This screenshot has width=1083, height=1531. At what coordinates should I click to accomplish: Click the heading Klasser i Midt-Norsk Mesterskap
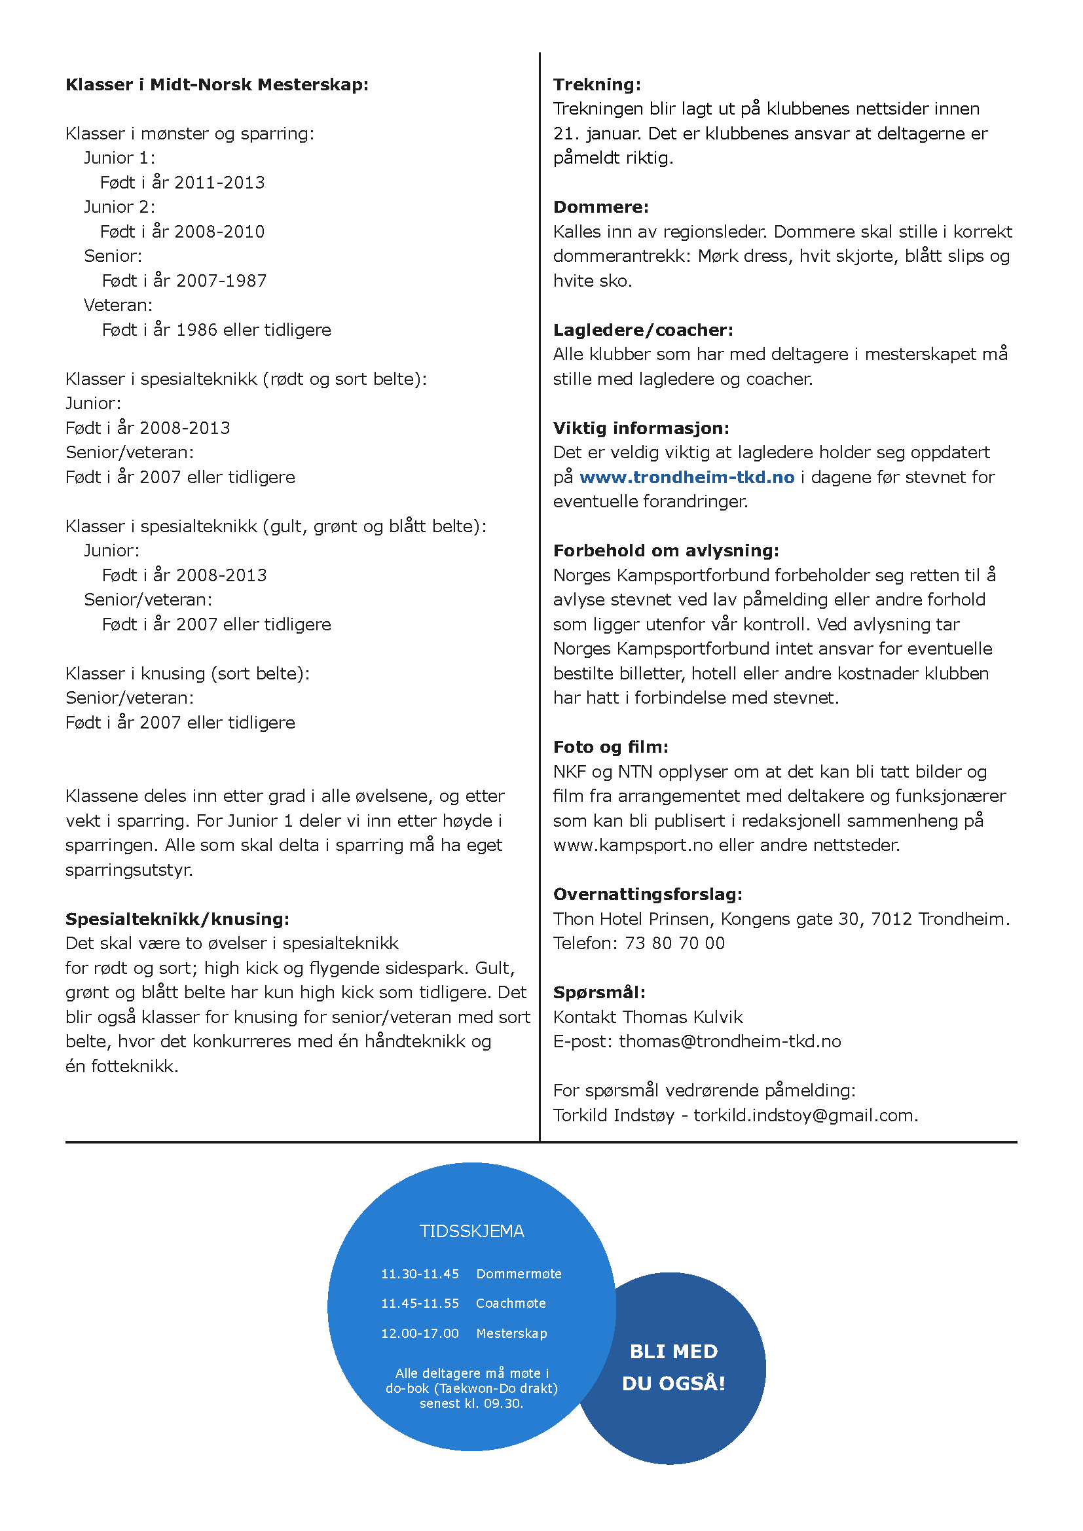click(217, 84)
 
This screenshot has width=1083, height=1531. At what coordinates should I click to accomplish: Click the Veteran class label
click(118, 306)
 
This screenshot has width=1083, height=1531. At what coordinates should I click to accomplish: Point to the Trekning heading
click(597, 84)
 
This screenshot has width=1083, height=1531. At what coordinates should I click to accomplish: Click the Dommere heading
click(601, 207)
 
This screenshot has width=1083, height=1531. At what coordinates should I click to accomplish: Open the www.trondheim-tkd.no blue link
click(687, 477)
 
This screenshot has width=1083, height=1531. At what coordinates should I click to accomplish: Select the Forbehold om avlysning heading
click(665, 550)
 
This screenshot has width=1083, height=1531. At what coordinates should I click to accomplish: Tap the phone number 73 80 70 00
click(674, 944)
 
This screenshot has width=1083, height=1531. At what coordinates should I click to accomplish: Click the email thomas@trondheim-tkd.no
click(729, 1041)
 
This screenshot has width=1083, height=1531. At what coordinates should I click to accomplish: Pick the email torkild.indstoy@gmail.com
click(805, 1115)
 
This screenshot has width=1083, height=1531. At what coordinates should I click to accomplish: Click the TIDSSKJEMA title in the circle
click(471, 1232)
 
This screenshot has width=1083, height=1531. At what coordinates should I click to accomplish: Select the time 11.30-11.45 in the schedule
click(420, 1274)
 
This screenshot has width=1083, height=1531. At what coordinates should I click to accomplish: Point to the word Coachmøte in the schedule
click(511, 1304)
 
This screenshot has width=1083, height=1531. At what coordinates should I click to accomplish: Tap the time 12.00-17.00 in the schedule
click(420, 1333)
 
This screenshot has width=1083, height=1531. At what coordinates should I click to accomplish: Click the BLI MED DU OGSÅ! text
click(674, 1367)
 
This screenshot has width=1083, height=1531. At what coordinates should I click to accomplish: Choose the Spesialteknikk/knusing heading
click(177, 920)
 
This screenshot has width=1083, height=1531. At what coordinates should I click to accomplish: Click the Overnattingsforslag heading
click(648, 895)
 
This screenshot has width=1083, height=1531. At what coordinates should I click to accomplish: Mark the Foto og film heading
click(610, 747)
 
